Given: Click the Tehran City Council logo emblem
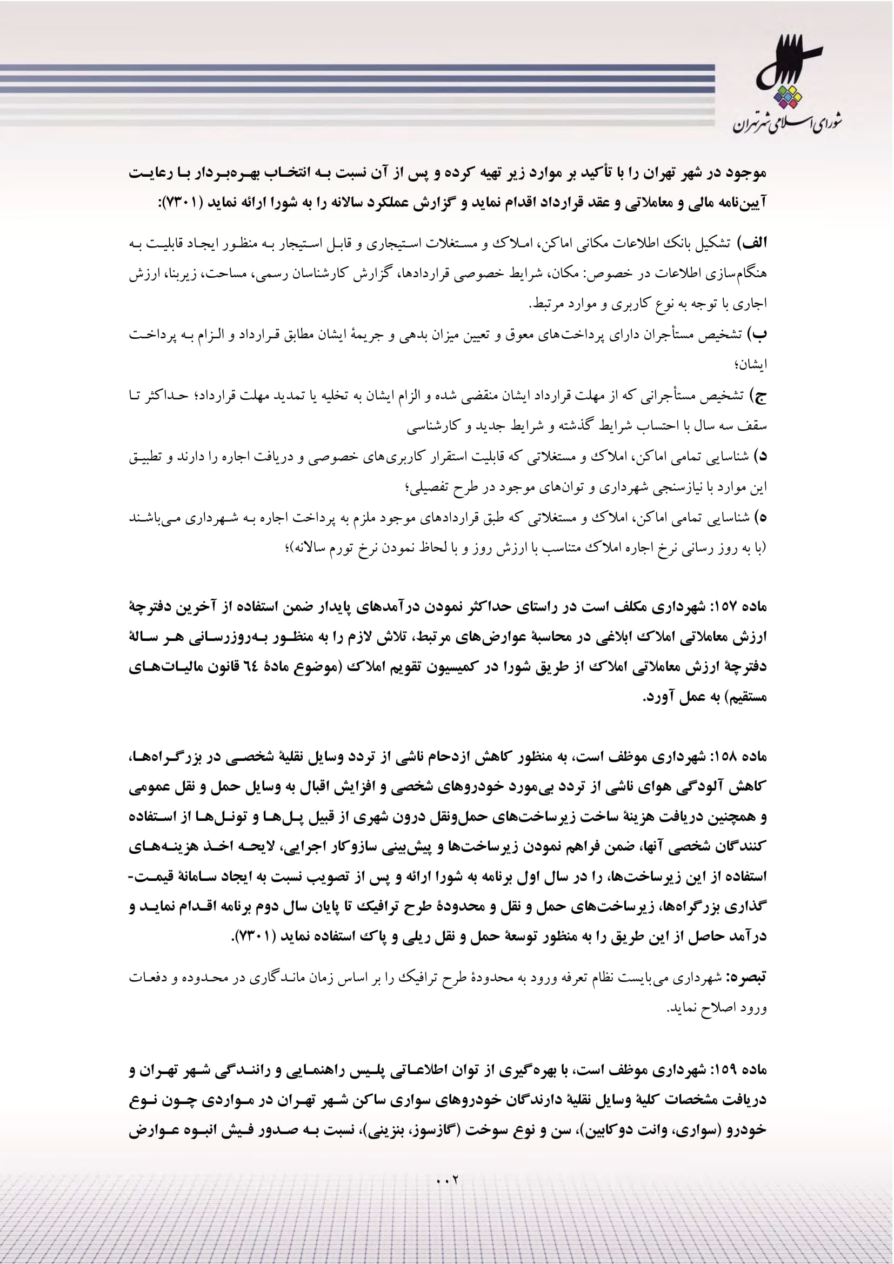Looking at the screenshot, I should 788,63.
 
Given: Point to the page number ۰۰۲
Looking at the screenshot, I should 447,1180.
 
